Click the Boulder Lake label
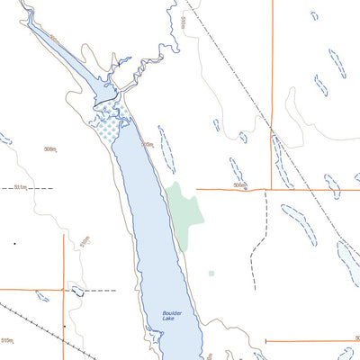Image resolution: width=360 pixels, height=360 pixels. click(173, 316)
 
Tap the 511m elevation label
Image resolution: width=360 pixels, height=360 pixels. click(22, 189)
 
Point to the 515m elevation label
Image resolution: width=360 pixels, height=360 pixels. click(9, 341)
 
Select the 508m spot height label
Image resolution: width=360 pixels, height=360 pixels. click(51, 148)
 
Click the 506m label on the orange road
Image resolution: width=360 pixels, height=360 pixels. click(238, 185)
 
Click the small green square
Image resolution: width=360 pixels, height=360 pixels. click(211, 273)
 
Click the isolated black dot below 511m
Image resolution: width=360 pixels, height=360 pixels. click(14, 243)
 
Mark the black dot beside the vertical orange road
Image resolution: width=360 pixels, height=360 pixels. click(65, 325)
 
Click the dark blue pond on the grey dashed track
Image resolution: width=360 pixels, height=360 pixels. click(76, 291)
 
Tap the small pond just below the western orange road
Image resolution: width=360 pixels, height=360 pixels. click(41, 295)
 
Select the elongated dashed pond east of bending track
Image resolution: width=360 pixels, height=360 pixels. click(299, 225)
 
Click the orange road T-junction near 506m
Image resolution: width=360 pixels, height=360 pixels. click(271, 189)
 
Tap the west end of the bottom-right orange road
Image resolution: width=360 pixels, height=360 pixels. click(268, 341)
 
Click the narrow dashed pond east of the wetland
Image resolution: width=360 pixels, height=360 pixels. click(166, 148)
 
